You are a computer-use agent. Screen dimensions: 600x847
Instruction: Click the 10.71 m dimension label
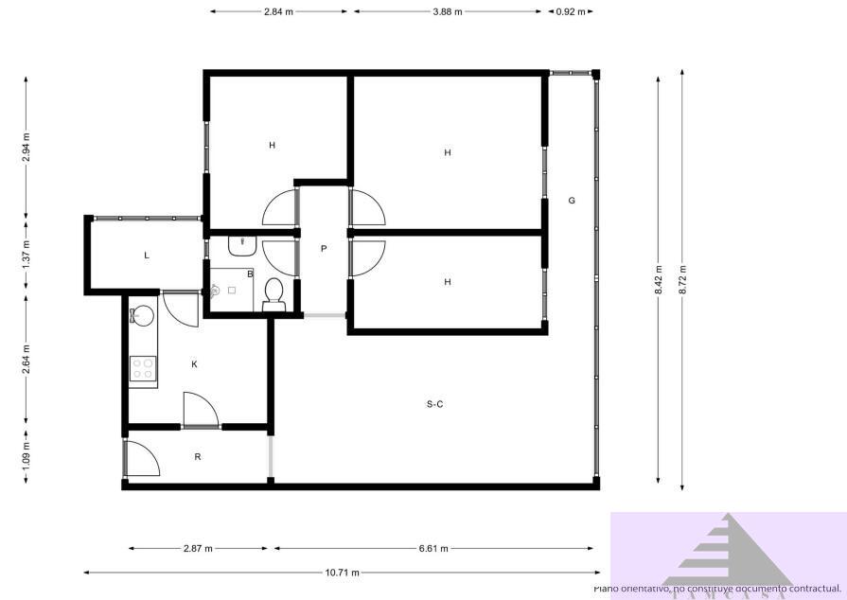point(341,572)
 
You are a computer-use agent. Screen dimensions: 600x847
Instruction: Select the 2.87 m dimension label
point(198,548)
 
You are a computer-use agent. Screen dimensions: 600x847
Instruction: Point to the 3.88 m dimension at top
point(447,12)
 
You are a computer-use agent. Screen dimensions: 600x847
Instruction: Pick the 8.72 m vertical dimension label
point(683,280)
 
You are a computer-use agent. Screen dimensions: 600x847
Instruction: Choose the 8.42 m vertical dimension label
point(659,280)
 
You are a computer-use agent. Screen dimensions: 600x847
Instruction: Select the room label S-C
point(434,404)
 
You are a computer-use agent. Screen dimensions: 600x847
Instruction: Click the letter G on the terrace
point(572,201)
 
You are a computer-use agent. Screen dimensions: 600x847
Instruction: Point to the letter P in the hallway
point(324,249)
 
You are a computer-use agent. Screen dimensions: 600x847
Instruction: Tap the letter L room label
point(147,256)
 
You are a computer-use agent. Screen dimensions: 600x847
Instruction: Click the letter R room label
point(198,457)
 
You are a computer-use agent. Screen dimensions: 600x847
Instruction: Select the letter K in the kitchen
point(194,363)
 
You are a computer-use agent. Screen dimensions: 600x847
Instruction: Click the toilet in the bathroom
point(274,292)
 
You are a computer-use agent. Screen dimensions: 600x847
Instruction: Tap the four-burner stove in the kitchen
point(143,368)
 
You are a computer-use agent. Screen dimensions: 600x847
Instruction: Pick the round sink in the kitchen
point(143,315)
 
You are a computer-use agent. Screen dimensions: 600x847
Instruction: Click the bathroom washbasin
point(243,245)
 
